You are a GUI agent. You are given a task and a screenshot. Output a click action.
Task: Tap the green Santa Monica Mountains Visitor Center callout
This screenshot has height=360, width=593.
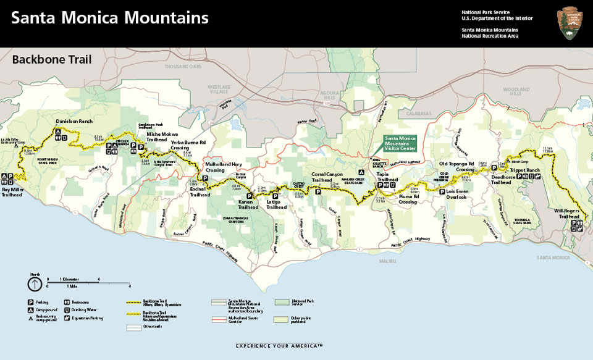[x=400, y=143]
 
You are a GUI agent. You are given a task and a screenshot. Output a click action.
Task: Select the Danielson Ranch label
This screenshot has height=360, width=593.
[x=74, y=122]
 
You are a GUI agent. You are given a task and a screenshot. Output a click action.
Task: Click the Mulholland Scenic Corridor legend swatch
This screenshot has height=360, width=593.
[x=219, y=320]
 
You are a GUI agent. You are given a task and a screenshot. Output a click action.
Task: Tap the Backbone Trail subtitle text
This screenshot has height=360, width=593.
[x=52, y=60]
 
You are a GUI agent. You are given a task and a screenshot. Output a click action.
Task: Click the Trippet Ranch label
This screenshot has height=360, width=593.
[x=524, y=170]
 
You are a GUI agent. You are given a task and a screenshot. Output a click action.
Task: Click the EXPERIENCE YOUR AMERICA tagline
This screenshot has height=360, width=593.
[x=279, y=346]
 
